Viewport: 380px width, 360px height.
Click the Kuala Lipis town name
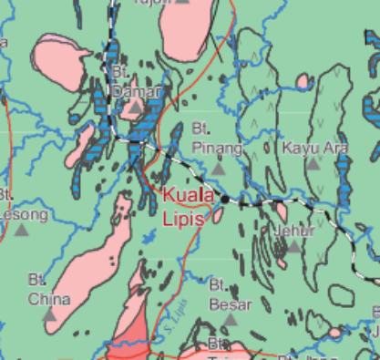point(189,207)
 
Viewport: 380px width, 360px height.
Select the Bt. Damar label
point(135,84)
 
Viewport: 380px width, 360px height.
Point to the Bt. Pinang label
point(217,139)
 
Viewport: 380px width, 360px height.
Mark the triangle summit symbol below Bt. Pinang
point(218,167)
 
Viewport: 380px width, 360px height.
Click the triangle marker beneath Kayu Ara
point(313,164)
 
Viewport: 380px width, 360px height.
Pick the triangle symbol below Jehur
point(293,247)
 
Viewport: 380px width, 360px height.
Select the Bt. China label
point(48,291)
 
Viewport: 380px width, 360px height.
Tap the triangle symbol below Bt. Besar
point(231,320)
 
